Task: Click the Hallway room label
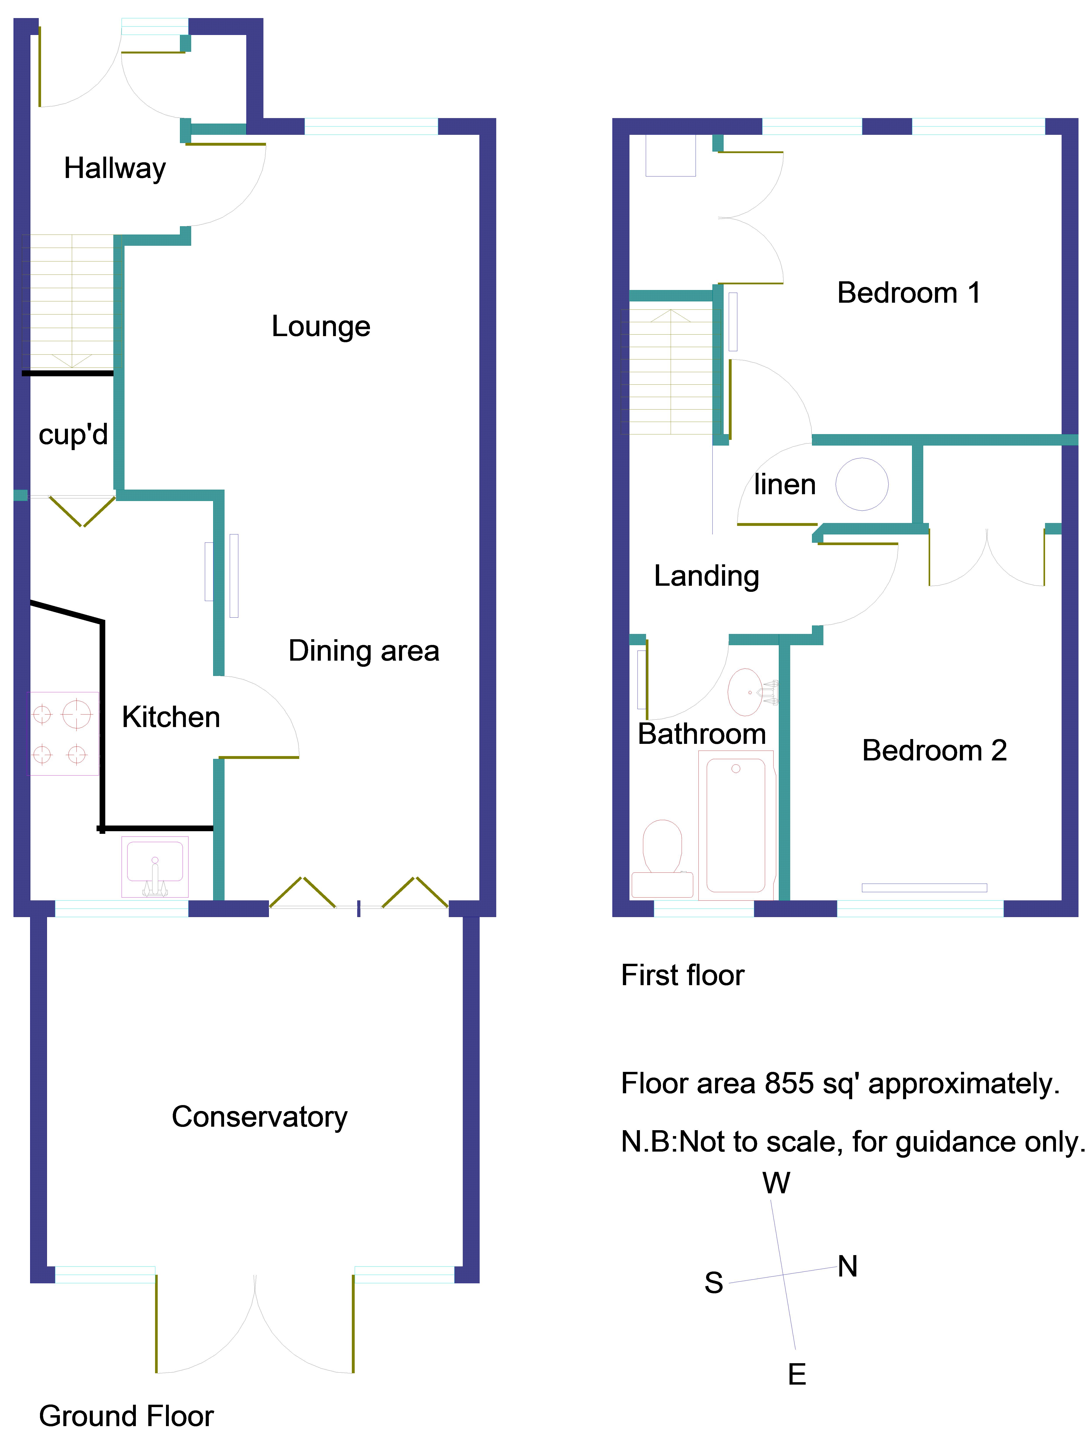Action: click(115, 169)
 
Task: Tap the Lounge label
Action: click(321, 327)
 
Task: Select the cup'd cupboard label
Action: click(73, 434)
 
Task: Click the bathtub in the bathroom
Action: click(736, 825)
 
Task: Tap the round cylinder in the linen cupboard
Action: click(862, 484)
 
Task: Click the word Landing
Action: click(706, 576)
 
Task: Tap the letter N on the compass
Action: click(847, 1266)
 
